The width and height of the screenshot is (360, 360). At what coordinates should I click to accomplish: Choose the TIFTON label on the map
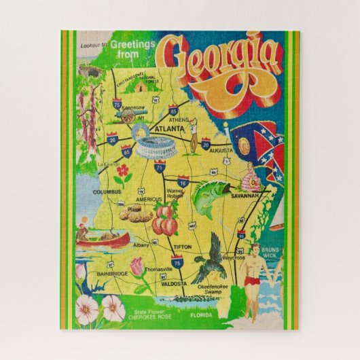[182, 247]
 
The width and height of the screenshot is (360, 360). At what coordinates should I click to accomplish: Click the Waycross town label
[232, 258]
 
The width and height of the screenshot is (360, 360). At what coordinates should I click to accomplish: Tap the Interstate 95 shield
[240, 234]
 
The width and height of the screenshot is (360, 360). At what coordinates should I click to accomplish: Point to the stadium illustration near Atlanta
[157, 147]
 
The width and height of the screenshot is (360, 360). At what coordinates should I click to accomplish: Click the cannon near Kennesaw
[126, 117]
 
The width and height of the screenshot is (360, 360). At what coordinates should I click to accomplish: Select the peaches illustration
[164, 221]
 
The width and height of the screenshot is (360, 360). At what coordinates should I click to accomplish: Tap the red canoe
[103, 240]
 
